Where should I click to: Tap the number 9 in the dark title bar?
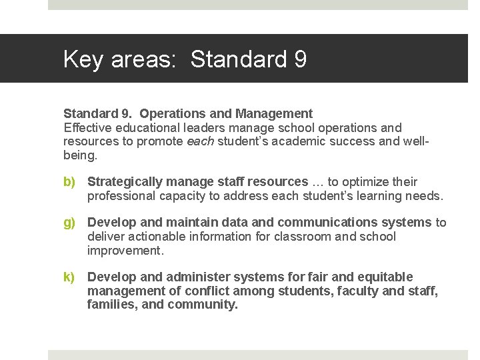pos(299,59)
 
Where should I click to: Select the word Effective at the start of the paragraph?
pos(87,127)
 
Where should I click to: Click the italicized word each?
pos(199,141)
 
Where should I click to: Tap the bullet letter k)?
pos(69,277)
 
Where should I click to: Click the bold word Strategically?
pos(125,182)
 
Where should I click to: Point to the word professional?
pos(121,196)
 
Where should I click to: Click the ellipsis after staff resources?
pos(318,182)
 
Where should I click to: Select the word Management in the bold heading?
pos(274,113)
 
